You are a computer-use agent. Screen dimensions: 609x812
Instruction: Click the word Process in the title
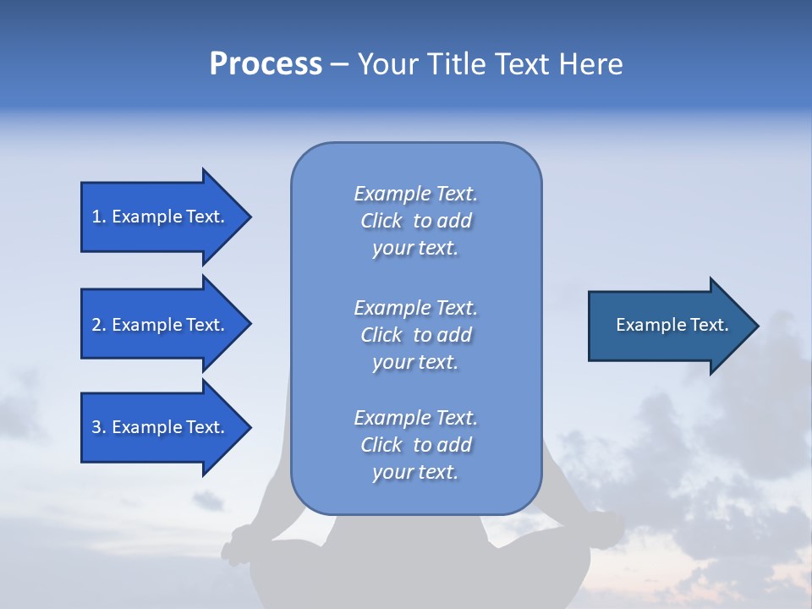[x=266, y=63]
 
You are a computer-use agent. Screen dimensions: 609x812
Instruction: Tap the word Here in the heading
[x=590, y=63]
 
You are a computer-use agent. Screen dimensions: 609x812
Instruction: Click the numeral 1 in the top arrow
[x=96, y=217]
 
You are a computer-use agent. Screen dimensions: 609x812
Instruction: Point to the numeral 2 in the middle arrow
[x=96, y=325]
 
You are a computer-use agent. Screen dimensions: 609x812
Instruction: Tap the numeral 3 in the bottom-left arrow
[x=96, y=427]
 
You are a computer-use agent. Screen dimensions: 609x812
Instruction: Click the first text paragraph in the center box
[x=415, y=221]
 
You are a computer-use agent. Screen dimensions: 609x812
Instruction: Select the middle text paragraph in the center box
[x=415, y=335]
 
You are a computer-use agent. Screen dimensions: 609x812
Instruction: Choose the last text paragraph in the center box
[x=415, y=445]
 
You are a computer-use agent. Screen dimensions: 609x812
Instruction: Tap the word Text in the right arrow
[x=710, y=325]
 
